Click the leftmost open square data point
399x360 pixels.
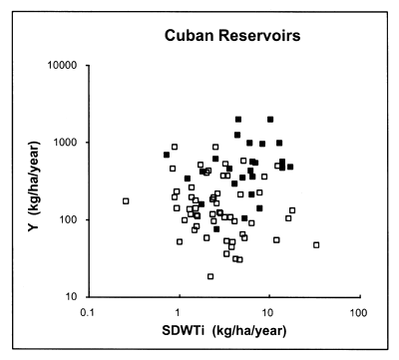click(x=126, y=201)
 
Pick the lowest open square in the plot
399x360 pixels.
click(x=210, y=276)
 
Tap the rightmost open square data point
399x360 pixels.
click(x=316, y=244)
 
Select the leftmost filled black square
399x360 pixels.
click(x=167, y=155)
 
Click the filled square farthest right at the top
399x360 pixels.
click(x=270, y=120)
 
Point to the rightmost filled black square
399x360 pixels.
click(x=290, y=167)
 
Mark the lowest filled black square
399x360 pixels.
click(x=216, y=229)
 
